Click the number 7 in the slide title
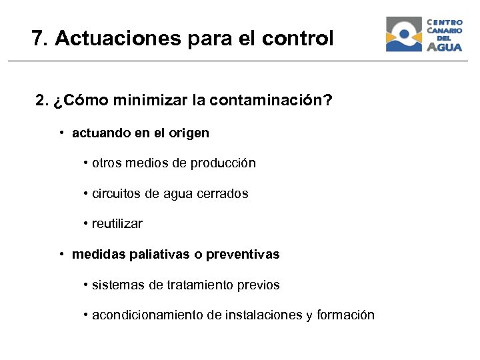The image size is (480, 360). click(x=37, y=39)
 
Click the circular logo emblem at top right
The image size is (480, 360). click(x=404, y=34)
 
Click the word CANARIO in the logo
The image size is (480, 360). click(x=445, y=30)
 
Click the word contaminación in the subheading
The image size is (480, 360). click(x=270, y=101)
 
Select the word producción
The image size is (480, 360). click(x=223, y=163)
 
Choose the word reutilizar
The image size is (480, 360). click(x=117, y=224)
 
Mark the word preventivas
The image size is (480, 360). click(x=243, y=255)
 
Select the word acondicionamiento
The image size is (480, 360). click(x=147, y=315)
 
